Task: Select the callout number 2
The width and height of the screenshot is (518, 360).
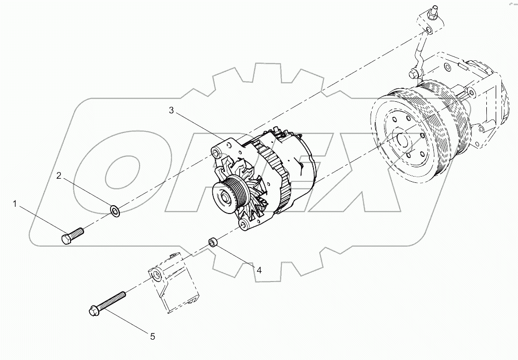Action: (x=60, y=177)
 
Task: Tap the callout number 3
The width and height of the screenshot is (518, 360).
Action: (x=172, y=110)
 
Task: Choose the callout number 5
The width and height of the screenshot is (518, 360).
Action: (x=152, y=337)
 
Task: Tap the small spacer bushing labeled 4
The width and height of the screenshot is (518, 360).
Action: (x=212, y=242)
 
